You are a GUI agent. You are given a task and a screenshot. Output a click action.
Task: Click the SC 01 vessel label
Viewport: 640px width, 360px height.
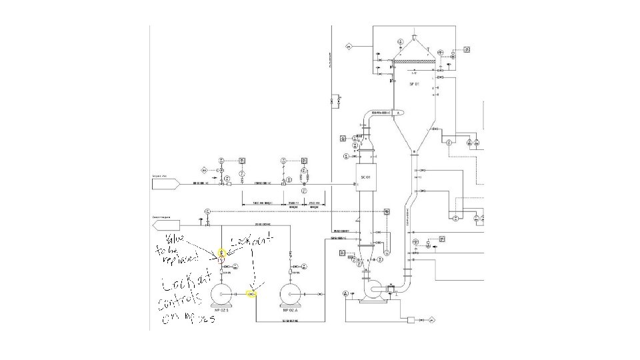[x=365, y=177]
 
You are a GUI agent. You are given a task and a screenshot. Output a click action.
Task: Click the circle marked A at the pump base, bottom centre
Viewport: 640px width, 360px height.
[x=345, y=293]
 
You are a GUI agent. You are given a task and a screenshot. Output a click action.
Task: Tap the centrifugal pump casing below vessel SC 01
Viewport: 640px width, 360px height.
[x=377, y=289]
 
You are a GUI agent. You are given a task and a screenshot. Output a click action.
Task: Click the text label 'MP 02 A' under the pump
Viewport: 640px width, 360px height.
[x=291, y=310]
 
